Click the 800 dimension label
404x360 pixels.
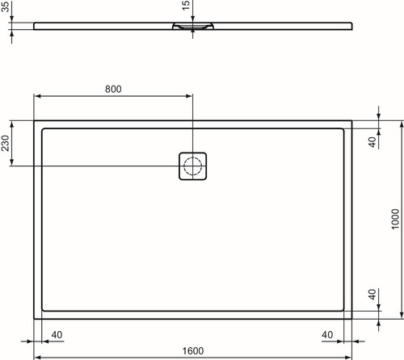(x=113, y=89)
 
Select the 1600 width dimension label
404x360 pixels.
(x=193, y=351)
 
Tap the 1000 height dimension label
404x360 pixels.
(x=395, y=219)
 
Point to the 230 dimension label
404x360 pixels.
(x=6, y=143)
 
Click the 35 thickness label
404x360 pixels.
(x=5, y=6)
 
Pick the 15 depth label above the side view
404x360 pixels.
(x=186, y=6)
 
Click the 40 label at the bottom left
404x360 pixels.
(x=57, y=335)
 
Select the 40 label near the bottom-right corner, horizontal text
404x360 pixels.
(x=327, y=335)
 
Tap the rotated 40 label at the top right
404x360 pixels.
(x=372, y=142)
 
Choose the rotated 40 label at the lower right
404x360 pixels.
(x=372, y=295)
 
